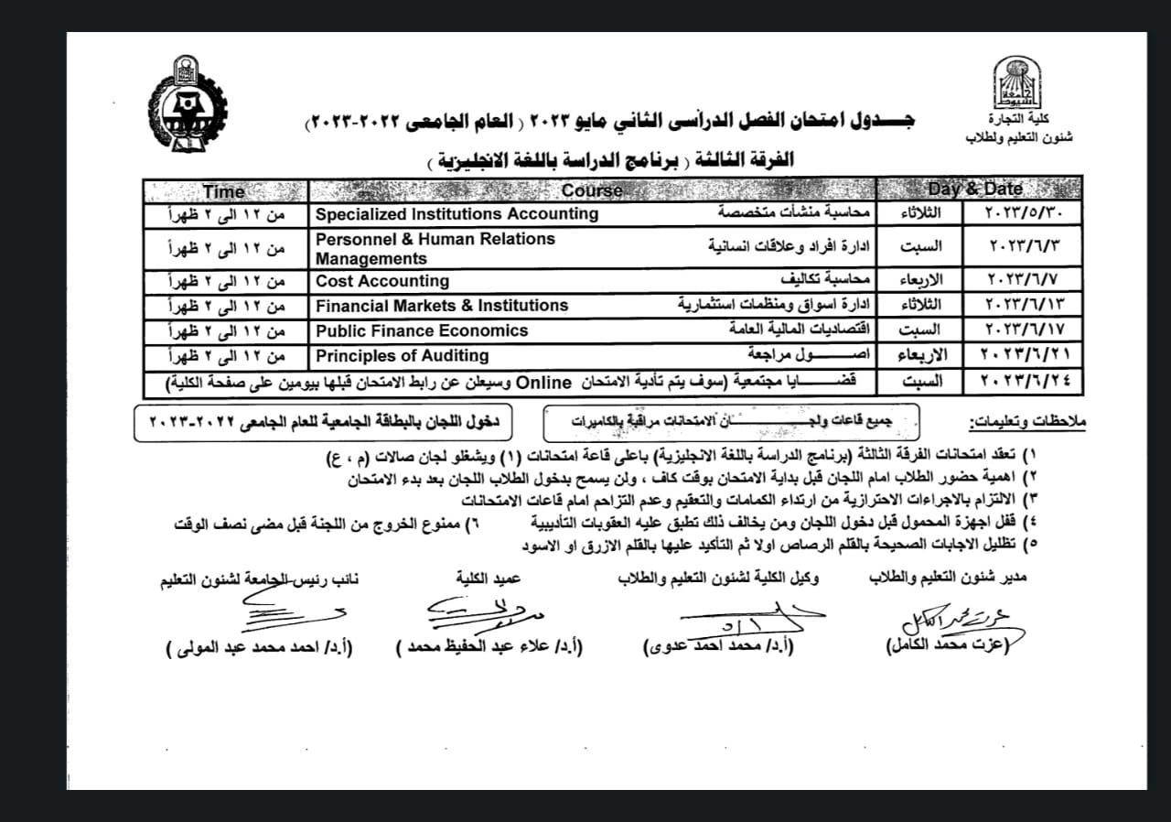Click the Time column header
tap(224, 191)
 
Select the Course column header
tap(592, 191)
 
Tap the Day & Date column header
tap(975, 190)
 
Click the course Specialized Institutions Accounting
tap(457, 214)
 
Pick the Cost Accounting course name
tap(382, 281)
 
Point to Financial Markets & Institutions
tap(442, 306)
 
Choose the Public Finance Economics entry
tap(422, 330)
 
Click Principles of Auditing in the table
tap(403, 355)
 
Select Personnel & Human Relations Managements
tap(435, 248)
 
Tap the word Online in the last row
tap(545, 382)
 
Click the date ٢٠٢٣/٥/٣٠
tap(1023, 215)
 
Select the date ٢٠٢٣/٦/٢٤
tap(1023, 382)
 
